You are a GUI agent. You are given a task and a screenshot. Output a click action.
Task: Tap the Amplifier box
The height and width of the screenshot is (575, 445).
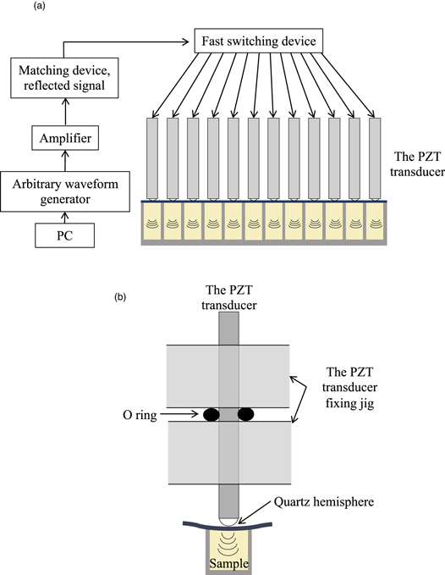coord(65,135)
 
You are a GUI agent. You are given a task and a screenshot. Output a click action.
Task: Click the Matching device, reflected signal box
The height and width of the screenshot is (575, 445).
coord(65,79)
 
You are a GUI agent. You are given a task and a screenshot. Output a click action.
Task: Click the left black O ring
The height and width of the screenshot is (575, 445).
coord(211,415)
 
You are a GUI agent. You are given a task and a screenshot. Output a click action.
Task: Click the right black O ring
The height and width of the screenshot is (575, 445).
coord(246,415)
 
